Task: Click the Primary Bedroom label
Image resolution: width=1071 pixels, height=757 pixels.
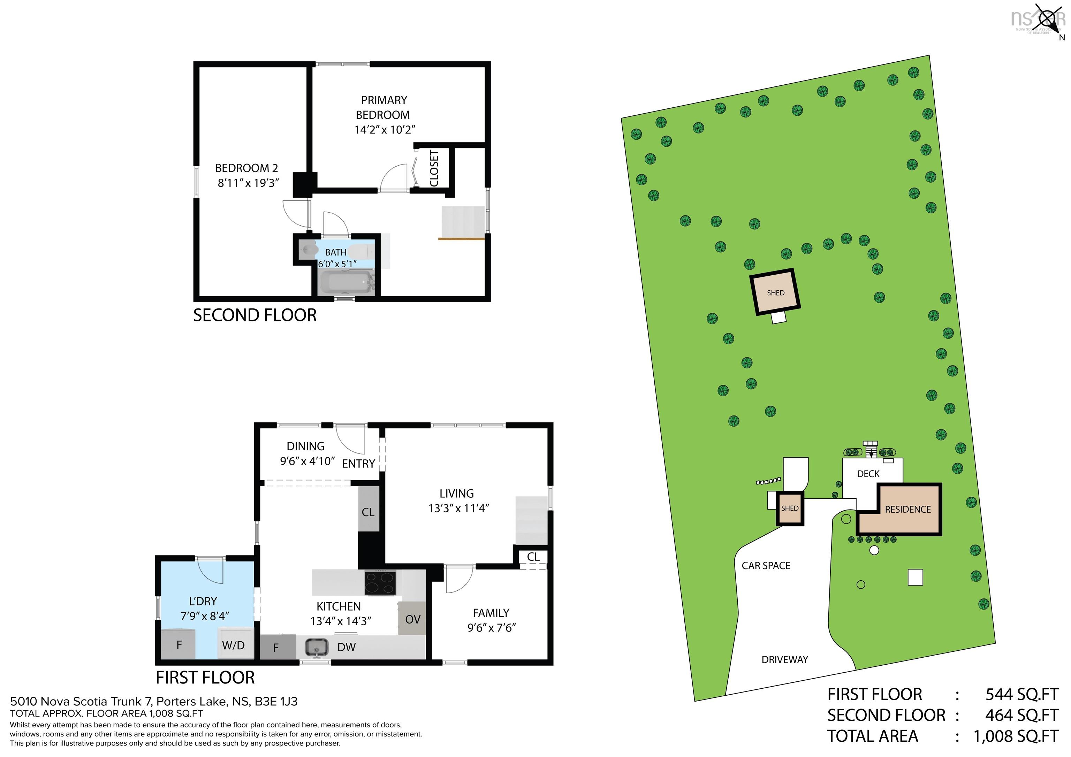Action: pyautogui.click(x=383, y=108)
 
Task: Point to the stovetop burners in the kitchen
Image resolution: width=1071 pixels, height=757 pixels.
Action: pyautogui.click(x=380, y=583)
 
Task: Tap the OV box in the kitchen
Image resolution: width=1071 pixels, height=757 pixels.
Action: pyautogui.click(x=412, y=619)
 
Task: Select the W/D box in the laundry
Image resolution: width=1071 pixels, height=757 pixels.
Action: pyautogui.click(x=234, y=645)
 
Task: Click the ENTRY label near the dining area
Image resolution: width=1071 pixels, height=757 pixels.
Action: pyautogui.click(x=358, y=464)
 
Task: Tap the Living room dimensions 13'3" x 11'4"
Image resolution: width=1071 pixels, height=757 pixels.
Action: pyautogui.click(x=458, y=509)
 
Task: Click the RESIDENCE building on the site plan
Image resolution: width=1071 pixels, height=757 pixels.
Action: pyautogui.click(x=907, y=509)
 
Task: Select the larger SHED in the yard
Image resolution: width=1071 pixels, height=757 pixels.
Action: pyautogui.click(x=775, y=293)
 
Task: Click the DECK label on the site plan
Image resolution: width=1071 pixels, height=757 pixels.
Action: pyautogui.click(x=868, y=474)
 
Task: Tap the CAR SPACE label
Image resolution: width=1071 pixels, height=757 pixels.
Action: pyautogui.click(x=766, y=566)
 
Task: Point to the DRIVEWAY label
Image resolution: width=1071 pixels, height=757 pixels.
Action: pyautogui.click(x=784, y=659)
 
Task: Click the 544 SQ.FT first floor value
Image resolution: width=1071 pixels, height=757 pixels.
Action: pyautogui.click(x=1021, y=695)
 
